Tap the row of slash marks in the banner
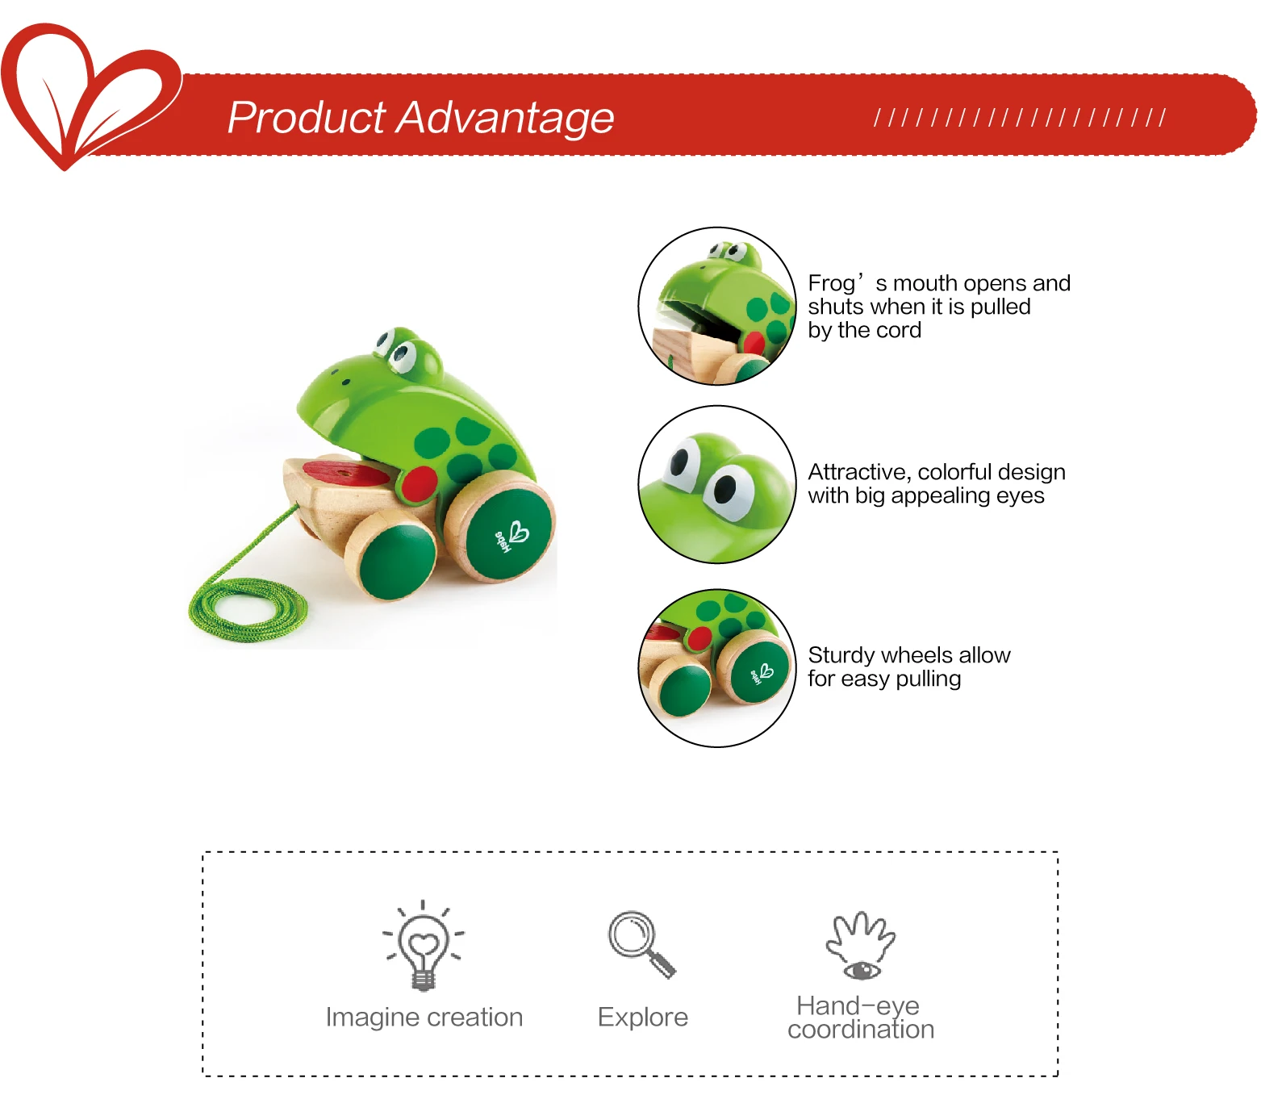pyautogui.click(x=1020, y=119)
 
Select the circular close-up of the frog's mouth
pyautogui.click(x=717, y=306)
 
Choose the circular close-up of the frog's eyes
pyautogui.click(x=717, y=485)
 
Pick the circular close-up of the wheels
pyautogui.click(x=717, y=667)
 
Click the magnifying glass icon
pyautogui.click(x=641, y=943)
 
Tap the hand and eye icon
pyautogui.click(x=860, y=945)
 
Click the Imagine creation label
pyautogui.click(x=424, y=1018)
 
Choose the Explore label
pyautogui.click(x=643, y=1018)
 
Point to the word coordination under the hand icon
pyautogui.click(x=861, y=1030)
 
